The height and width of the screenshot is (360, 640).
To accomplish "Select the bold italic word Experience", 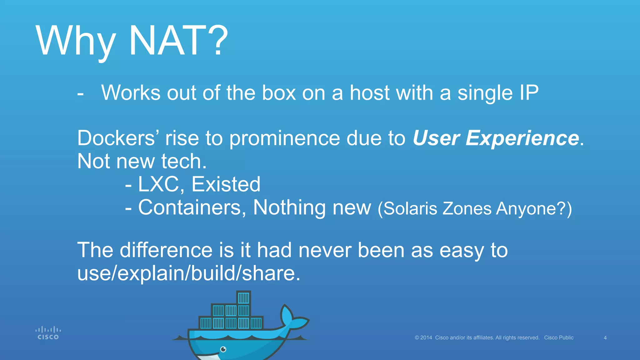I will (522, 138).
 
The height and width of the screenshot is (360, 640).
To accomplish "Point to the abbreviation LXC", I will (159, 184).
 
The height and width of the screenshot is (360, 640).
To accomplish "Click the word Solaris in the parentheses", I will (410, 208).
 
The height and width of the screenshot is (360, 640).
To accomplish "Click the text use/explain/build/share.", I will (189, 273).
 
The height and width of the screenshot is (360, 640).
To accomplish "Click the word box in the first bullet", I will (279, 93).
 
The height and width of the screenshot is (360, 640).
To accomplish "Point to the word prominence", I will (285, 138).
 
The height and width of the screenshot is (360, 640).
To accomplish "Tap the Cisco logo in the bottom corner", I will (48, 333).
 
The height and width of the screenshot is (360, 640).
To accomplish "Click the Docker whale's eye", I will (223, 349).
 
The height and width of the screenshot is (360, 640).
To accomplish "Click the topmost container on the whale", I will (243, 297).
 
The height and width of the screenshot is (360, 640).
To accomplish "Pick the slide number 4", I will (605, 338).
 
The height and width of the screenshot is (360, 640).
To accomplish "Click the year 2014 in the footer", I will (426, 338).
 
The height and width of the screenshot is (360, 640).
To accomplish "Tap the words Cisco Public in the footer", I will (559, 338).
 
